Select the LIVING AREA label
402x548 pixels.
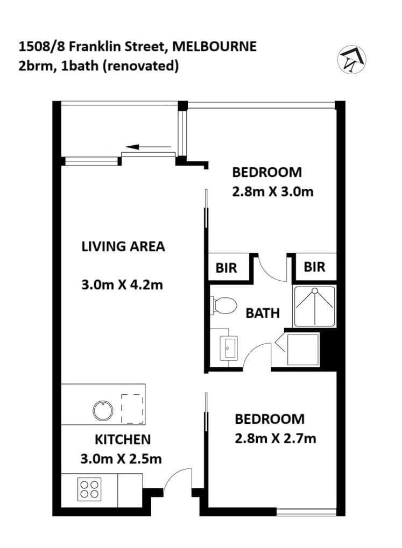coord(123,247)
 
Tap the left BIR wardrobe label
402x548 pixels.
coord(227,268)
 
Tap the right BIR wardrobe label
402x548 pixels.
coord(315,267)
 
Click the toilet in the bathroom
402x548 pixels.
coord(224,305)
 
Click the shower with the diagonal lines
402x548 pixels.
coord(314,307)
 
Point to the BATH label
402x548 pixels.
coord(263,313)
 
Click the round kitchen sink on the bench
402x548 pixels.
coord(102,411)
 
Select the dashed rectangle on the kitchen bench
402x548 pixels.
coord(132,409)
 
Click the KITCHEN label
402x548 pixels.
coord(123,439)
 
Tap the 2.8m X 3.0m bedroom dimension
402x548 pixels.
coord(273,191)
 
